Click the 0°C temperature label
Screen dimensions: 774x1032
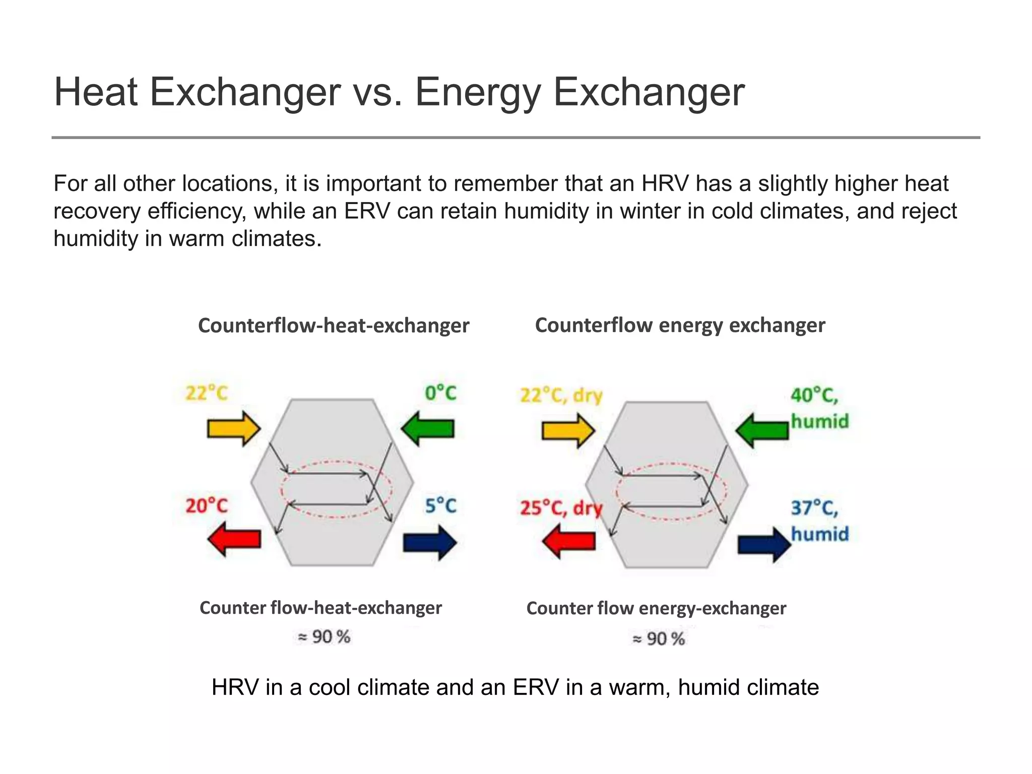click(x=440, y=393)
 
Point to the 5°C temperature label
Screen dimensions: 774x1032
click(x=440, y=505)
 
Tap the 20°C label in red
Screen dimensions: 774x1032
click(x=207, y=505)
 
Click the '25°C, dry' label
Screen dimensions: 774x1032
click(x=561, y=508)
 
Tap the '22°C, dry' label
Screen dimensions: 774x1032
click(x=561, y=396)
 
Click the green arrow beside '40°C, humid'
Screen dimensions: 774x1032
click(x=762, y=431)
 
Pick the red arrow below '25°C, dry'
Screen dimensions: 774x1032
click(x=569, y=541)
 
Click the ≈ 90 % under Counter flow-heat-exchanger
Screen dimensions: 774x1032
click(x=324, y=637)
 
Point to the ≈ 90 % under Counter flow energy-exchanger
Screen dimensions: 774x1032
click(x=659, y=639)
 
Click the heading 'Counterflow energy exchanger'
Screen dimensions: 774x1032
click(x=680, y=325)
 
